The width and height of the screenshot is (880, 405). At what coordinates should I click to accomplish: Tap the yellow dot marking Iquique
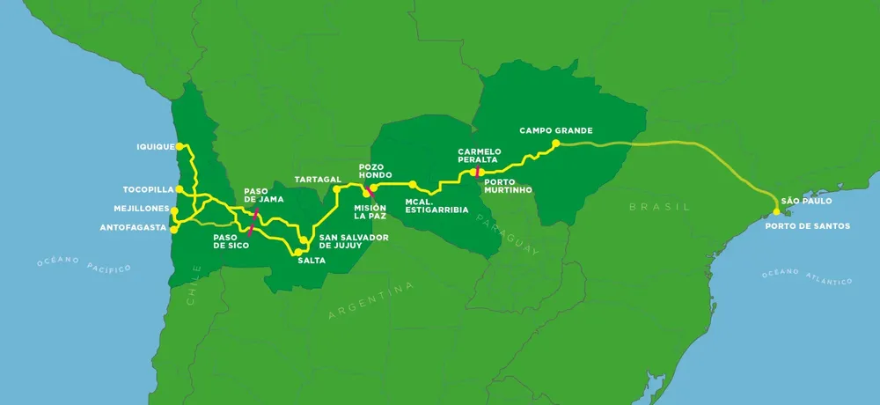click(x=180, y=146)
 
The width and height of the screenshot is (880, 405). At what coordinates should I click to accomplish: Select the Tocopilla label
click(x=148, y=189)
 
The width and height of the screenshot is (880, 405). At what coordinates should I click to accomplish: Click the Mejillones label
click(x=142, y=209)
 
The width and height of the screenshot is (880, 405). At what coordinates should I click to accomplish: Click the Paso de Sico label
click(x=231, y=240)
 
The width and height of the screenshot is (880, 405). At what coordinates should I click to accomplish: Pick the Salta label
click(x=309, y=260)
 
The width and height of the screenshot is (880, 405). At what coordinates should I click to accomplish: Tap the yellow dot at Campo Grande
click(x=555, y=144)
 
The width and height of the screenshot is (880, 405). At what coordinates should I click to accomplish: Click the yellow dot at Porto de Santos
click(x=776, y=212)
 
